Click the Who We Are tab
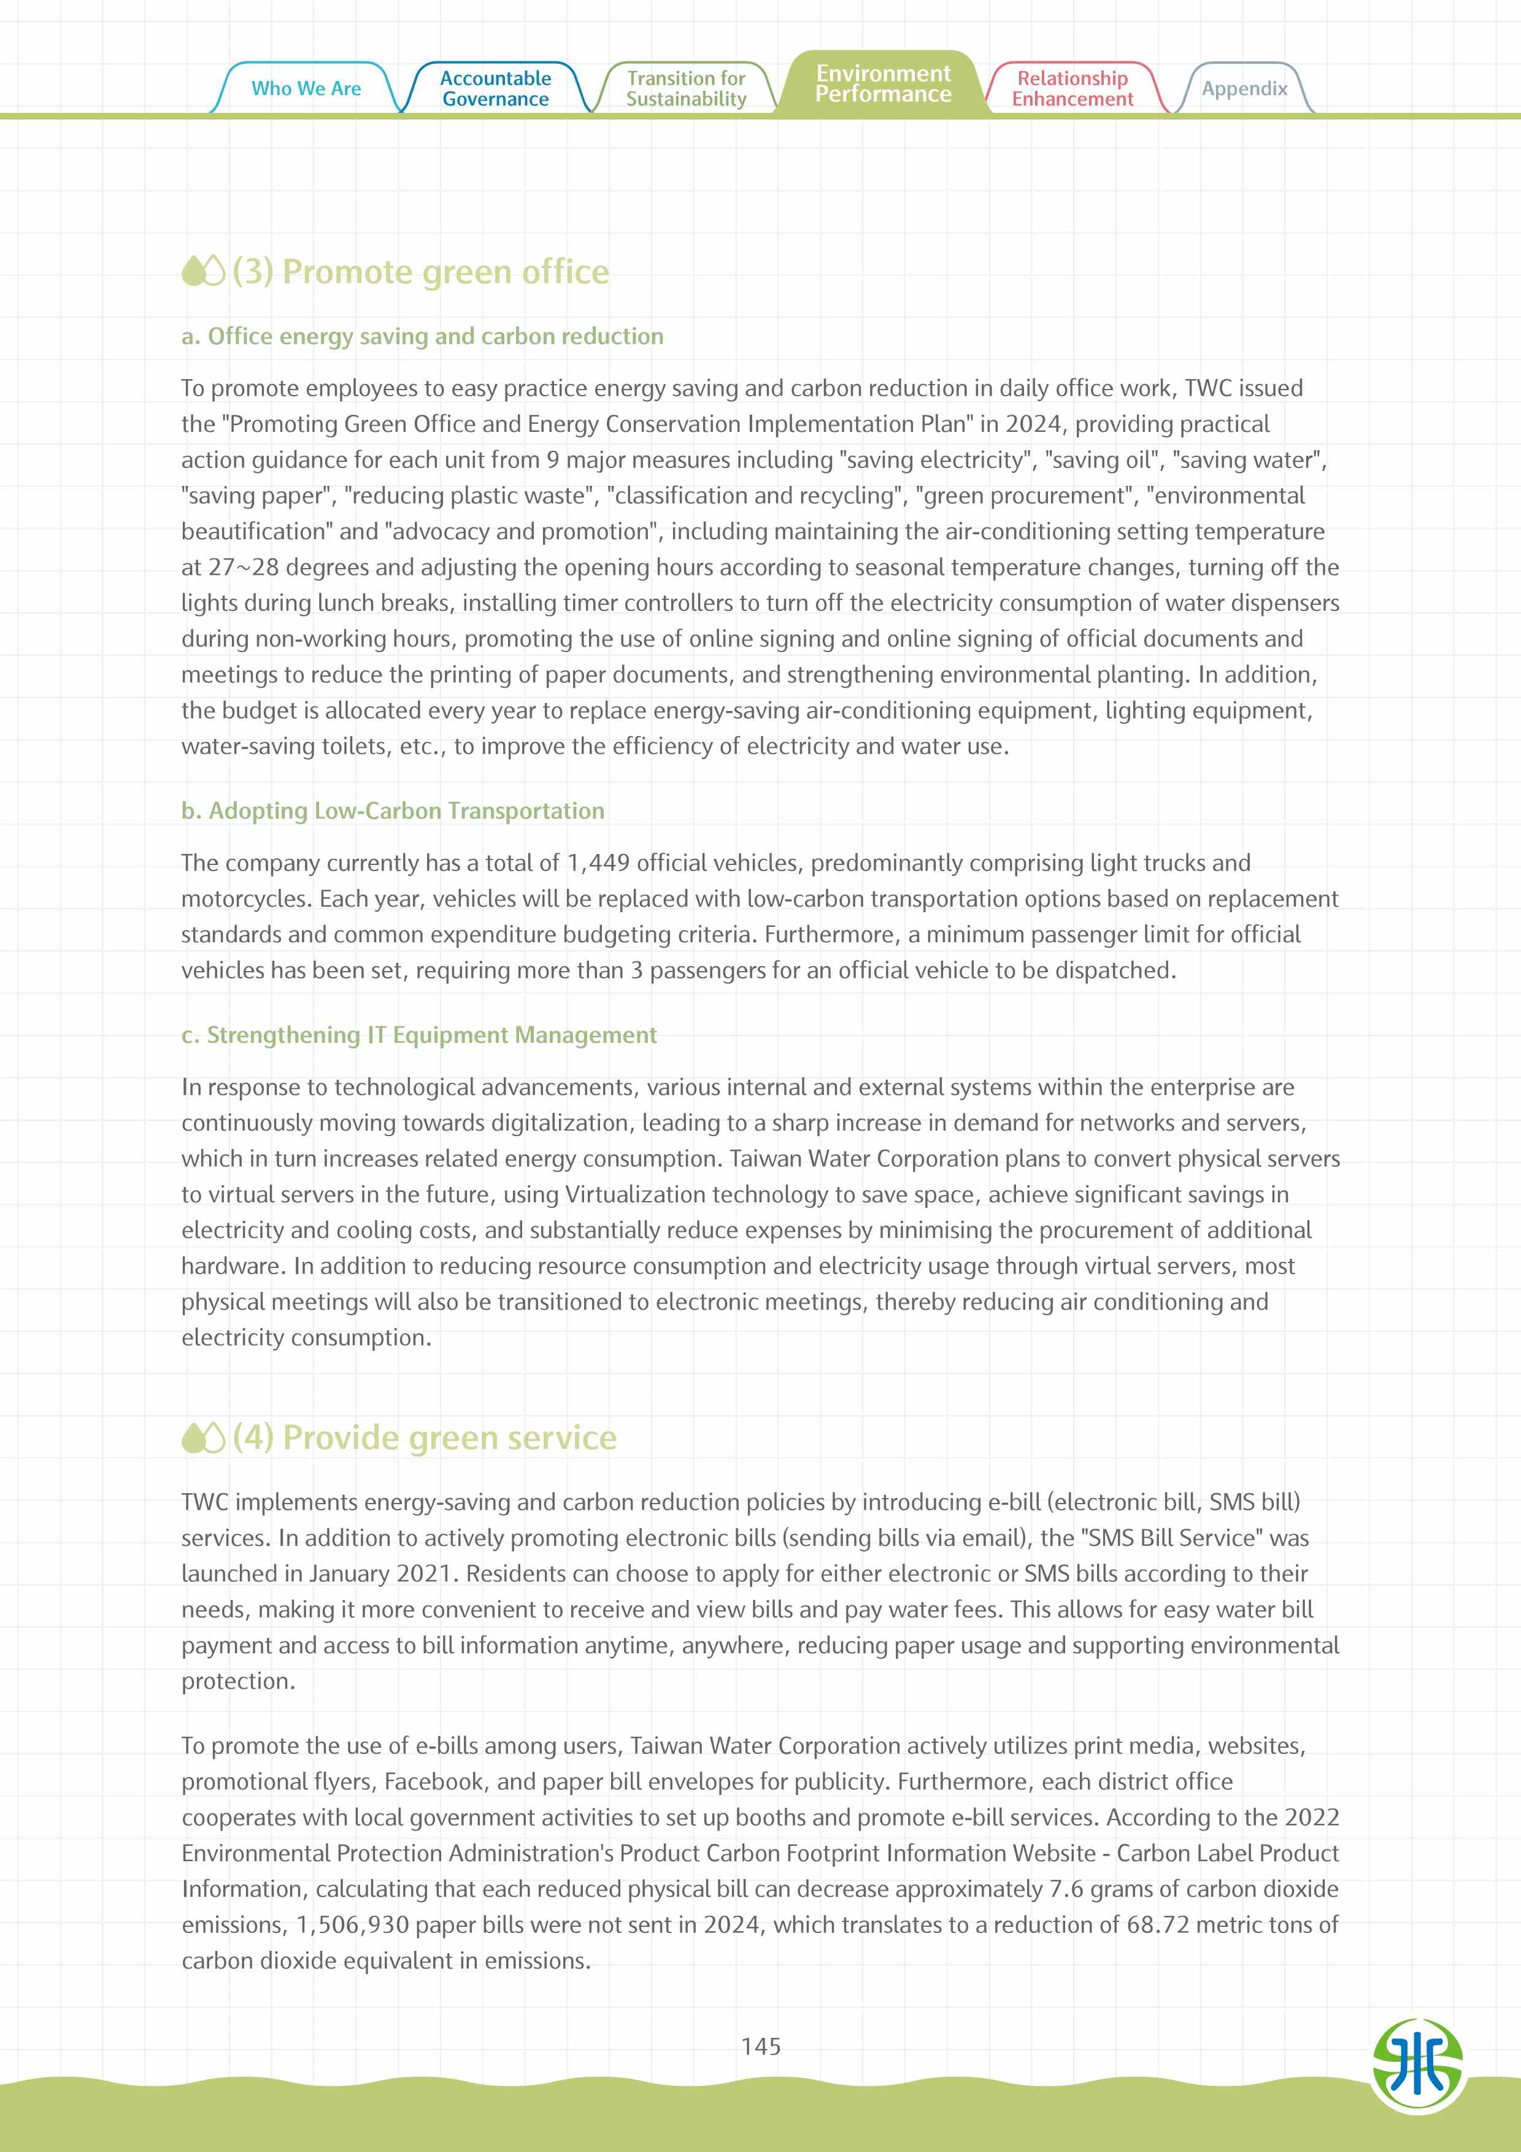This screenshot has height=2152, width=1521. click(306, 88)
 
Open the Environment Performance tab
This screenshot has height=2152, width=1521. click(883, 83)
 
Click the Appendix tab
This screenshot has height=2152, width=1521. click(1244, 88)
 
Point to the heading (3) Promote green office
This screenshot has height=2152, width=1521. click(421, 272)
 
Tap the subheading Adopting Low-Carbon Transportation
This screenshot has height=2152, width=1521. click(393, 811)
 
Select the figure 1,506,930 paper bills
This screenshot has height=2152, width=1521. click(352, 1925)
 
